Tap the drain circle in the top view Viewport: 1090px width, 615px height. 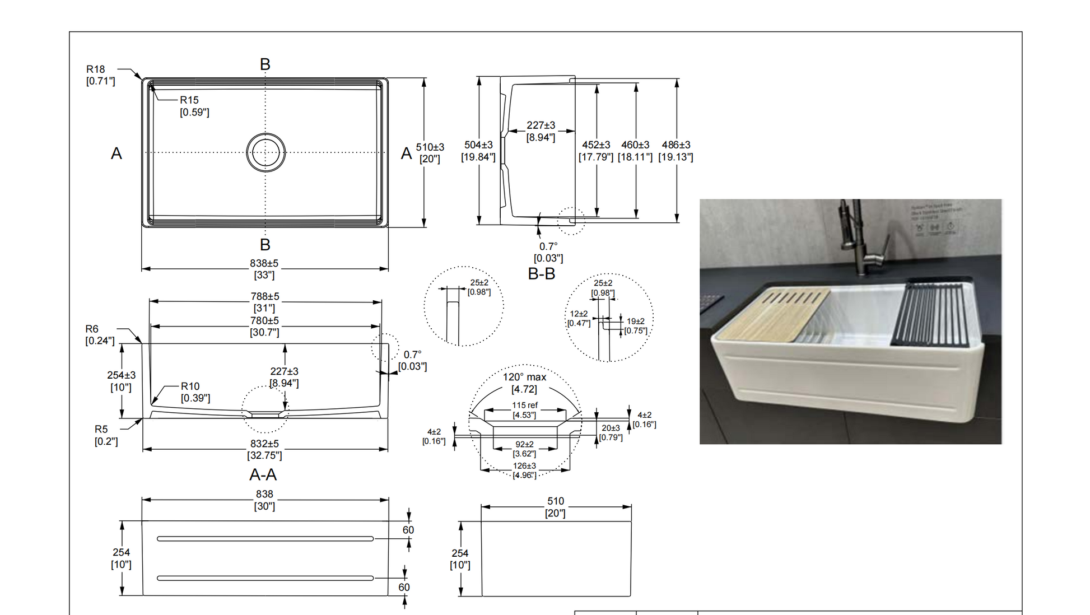click(x=265, y=152)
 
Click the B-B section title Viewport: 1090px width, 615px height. click(x=541, y=274)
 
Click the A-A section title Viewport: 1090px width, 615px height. click(x=263, y=475)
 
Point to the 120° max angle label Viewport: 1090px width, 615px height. click(x=524, y=378)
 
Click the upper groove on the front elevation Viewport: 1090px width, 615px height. click(x=265, y=539)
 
